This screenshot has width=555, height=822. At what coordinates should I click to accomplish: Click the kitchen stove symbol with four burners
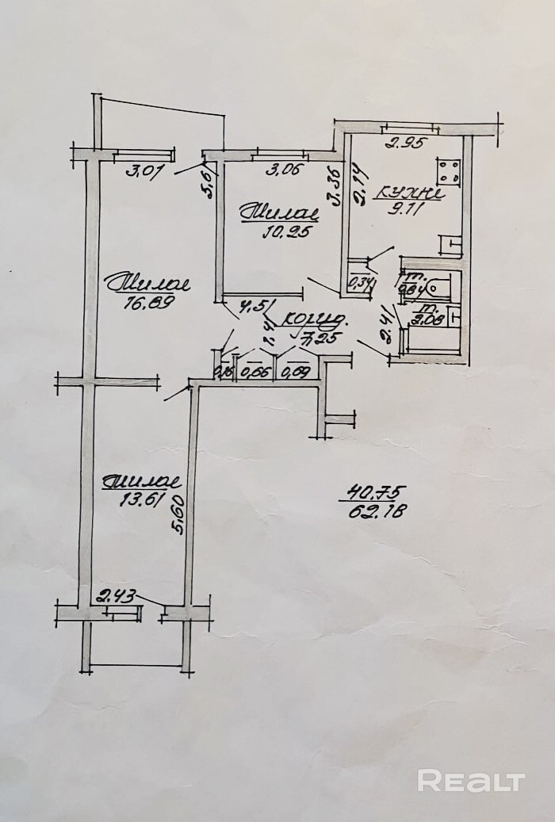click(450, 171)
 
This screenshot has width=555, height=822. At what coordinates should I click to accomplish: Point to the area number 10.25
click(284, 231)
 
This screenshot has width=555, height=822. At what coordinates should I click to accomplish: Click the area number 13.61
click(140, 499)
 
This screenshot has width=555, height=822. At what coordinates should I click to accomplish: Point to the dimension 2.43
click(114, 594)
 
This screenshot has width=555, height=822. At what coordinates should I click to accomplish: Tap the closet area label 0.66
click(255, 371)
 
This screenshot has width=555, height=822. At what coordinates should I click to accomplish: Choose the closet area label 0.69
click(296, 371)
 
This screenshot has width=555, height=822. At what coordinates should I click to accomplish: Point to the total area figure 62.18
click(377, 512)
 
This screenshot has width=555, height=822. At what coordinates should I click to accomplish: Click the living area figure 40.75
click(373, 492)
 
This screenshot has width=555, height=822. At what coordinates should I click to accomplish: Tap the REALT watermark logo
click(471, 781)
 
